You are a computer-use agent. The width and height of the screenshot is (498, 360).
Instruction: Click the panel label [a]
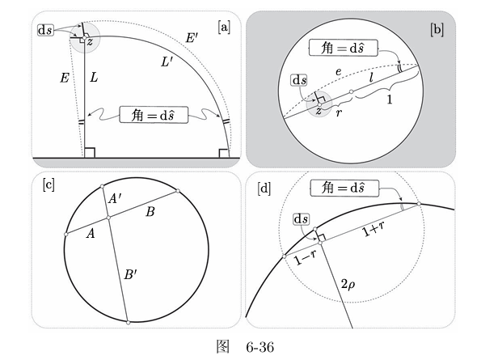pyautogui.click(x=224, y=28)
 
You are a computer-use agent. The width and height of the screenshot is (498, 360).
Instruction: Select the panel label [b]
pyautogui.click(x=437, y=30)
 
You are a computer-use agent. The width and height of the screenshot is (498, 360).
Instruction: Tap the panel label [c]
pyautogui.click(x=49, y=184)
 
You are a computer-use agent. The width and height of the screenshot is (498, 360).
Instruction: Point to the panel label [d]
pyautogui.click(x=264, y=188)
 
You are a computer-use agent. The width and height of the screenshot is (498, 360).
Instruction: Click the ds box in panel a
pyautogui.click(x=45, y=30)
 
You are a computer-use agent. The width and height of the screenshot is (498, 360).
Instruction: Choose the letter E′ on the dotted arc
pyautogui.click(x=192, y=39)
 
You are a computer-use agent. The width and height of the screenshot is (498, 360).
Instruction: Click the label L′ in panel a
pyautogui.click(x=167, y=62)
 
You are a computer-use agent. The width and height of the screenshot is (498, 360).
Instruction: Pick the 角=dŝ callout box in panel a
pyautogui.click(x=154, y=115)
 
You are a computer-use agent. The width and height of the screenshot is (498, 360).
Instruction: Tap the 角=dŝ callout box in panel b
pyautogui.click(x=344, y=48)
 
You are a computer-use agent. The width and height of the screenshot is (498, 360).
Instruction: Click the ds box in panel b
pyautogui.click(x=299, y=80)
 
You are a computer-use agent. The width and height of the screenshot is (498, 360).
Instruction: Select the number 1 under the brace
pyautogui.click(x=390, y=100)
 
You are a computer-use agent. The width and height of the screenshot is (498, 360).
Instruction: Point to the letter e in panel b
pyautogui.click(x=339, y=72)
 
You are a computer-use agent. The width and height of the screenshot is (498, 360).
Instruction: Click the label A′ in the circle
pyautogui.click(x=115, y=198)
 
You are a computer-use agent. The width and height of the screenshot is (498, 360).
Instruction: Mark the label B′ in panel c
pyautogui.click(x=130, y=274)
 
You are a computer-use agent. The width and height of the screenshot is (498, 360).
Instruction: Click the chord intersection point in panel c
pyautogui.click(x=108, y=218)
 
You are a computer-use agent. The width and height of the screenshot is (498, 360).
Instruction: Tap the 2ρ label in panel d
pyautogui.click(x=348, y=284)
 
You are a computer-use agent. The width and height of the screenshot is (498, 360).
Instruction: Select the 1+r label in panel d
pyautogui.click(x=373, y=229)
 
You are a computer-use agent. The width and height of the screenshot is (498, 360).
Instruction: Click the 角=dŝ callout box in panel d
pyautogui.click(x=344, y=188)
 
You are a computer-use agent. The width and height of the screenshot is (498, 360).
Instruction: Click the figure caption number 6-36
pyautogui.click(x=260, y=347)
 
